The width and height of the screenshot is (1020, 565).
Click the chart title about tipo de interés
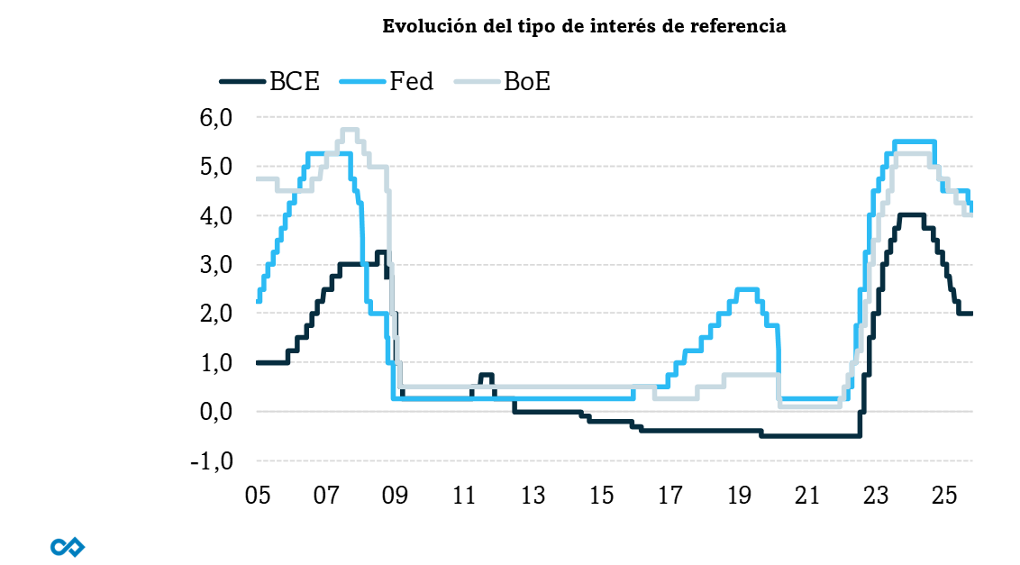[584, 26]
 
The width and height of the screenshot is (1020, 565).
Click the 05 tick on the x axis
[257, 496]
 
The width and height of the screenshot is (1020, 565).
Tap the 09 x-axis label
[395, 496]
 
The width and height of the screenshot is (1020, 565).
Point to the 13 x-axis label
[533, 496]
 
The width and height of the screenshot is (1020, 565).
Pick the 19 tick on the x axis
[739, 496]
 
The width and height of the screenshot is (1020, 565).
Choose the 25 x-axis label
[943, 496]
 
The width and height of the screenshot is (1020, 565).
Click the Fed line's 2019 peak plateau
[746, 289]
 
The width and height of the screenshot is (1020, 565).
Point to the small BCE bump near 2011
[487, 375]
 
